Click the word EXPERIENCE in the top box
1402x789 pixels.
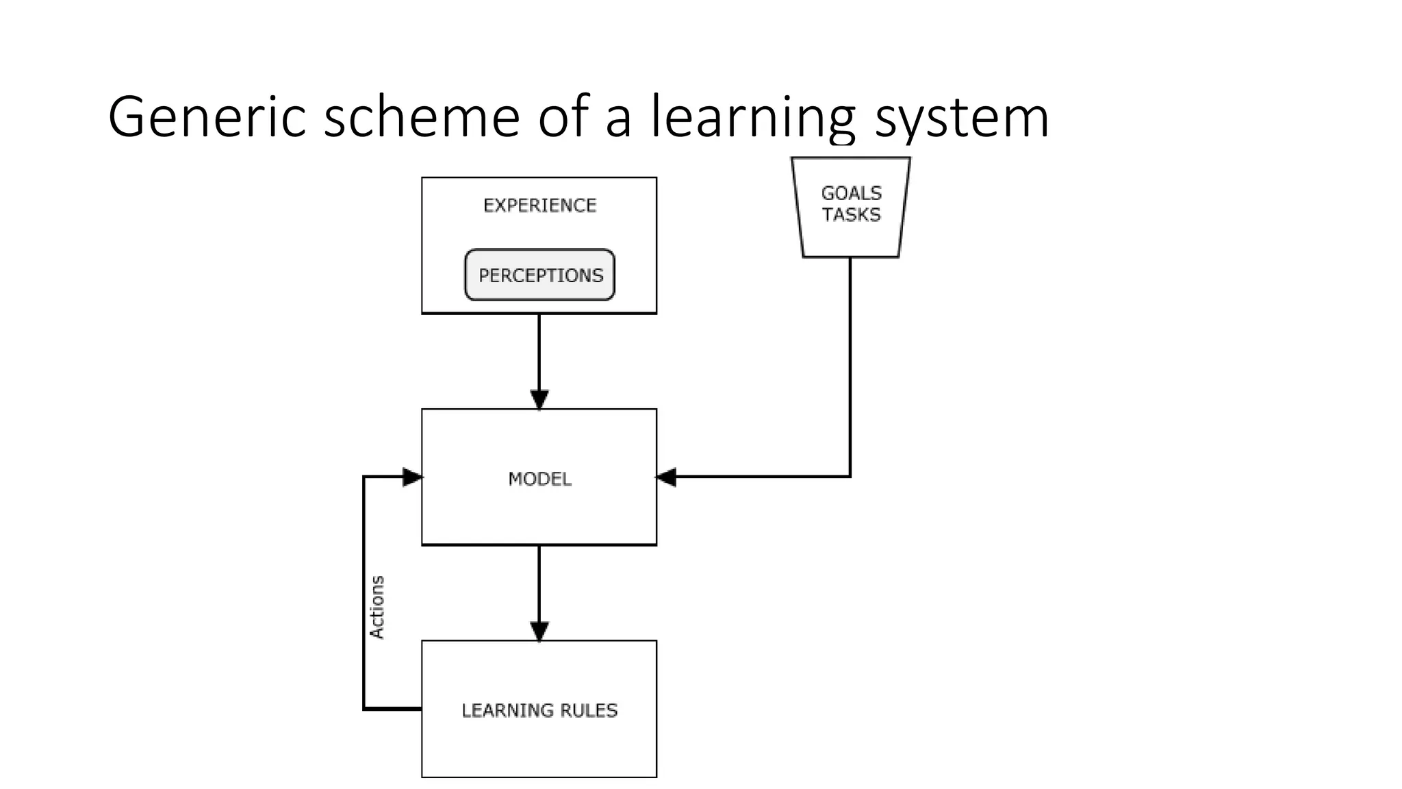(x=539, y=205)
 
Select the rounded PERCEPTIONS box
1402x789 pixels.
(x=540, y=275)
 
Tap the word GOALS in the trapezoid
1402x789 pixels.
(x=851, y=193)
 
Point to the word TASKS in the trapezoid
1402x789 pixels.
(x=851, y=215)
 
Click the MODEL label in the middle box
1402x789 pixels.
(x=539, y=479)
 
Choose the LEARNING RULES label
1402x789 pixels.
(x=539, y=710)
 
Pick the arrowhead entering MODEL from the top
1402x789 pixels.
(x=539, y=399)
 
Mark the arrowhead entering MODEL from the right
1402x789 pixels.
(x=666, y=477)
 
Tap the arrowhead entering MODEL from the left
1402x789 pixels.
(x=412, y=477)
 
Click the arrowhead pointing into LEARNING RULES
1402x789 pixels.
(x=539, y=631)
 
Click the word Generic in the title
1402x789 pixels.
(x=206, y=118)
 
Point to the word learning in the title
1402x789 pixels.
(x=752, y=118)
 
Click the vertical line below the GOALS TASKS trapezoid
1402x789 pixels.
(x=850, y=363)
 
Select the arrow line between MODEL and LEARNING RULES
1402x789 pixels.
(x=539, y=586)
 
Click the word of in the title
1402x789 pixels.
(x=563, y=118)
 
